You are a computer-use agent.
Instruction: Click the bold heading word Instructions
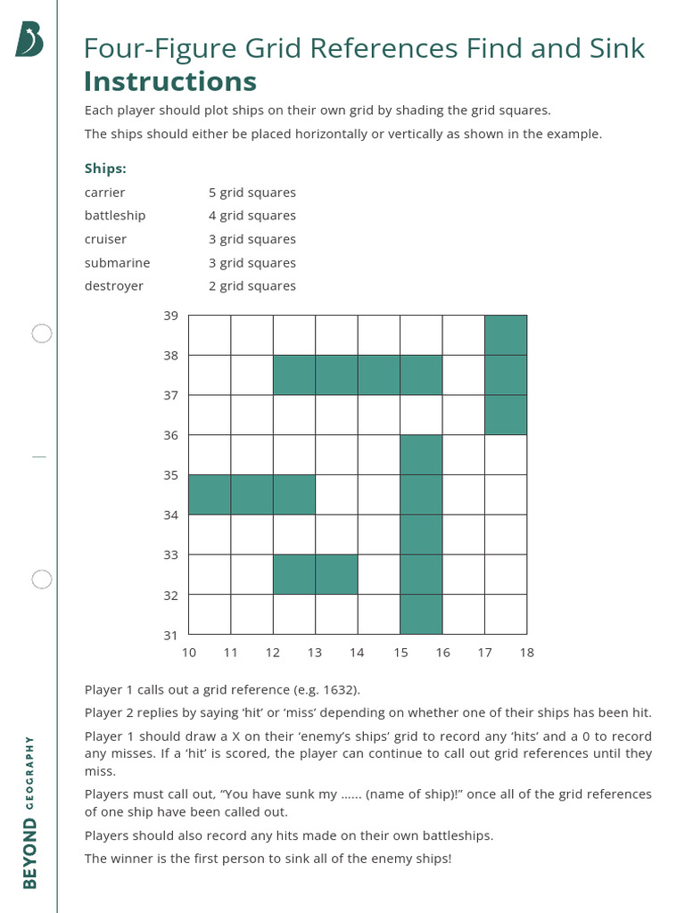click(169, 81)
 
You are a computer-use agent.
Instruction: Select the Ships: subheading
click(105, 168)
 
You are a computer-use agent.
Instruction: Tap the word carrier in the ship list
click(104, 193)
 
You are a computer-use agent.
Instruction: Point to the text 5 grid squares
click(252, 193)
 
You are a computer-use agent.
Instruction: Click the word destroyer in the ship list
click(113, 286)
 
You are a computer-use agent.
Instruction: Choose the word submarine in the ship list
click(117, 263)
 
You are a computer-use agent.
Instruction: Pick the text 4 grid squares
click(252, 216)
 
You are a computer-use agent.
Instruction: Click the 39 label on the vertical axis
click(171, 316)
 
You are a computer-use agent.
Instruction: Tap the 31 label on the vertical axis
click(171, 635)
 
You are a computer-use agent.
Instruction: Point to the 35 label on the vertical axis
click(171, 475)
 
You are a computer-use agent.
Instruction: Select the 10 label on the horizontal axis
click(189, 653)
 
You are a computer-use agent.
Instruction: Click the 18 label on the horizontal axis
click(526, 653)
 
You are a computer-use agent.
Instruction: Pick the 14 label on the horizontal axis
click(357, 653)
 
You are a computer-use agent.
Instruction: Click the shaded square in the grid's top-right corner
click(506, 335)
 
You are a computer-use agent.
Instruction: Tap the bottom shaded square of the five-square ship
click(421, 614)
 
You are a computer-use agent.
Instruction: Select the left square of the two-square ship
click(294, 574)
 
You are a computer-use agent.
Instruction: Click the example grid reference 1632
click(341, 689)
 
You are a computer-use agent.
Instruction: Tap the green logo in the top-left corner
click(29, 40)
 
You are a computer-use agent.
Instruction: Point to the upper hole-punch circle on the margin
click(42, 333)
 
